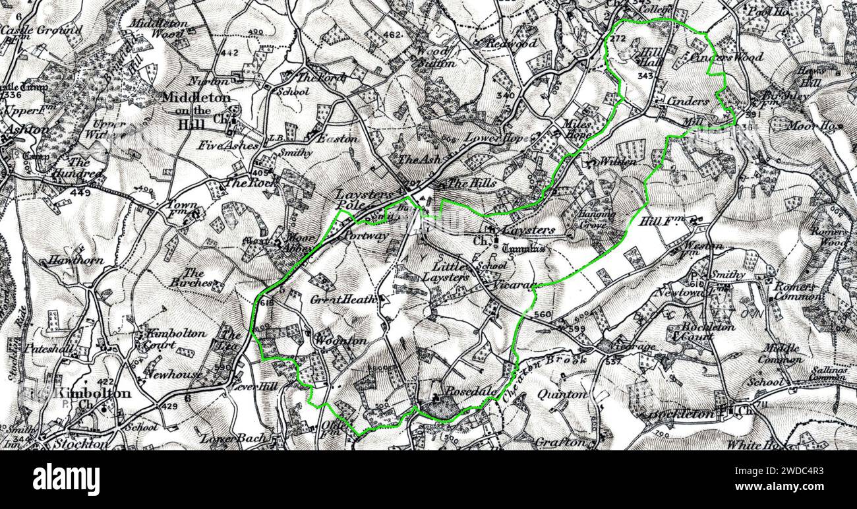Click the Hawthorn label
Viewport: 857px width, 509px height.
[75, 260]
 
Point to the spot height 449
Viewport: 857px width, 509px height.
[80, 193]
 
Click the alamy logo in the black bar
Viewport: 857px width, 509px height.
[67, 479]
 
